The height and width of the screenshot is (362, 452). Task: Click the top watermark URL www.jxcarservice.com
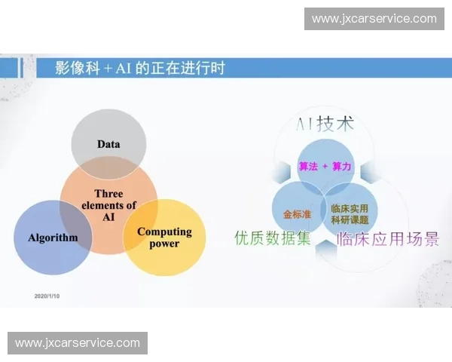coord(374,19)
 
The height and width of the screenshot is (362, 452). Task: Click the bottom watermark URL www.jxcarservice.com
coord(78,343)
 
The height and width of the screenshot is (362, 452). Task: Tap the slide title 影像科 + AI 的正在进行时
coord(140,68)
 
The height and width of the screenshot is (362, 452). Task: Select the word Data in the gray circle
coord(108,144)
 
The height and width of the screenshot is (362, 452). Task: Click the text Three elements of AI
coord(108,205)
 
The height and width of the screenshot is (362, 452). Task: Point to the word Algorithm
coord(53,238)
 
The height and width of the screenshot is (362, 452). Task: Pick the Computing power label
coord(164,238)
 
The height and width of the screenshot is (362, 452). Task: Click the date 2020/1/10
coord(47,296)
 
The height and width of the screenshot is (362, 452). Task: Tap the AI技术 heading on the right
coord(325,124)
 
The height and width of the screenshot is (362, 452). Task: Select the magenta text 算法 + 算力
coord(325,167)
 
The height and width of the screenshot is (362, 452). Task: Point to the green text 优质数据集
coord(272,238)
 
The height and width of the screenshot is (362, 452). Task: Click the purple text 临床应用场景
coord(388,240)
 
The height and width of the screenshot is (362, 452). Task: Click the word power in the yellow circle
coord(164,244)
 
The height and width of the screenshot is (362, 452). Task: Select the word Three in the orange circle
coord(108,194)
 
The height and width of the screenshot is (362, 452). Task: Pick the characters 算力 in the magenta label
coord(341,167)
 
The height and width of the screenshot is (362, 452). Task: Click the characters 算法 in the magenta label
coord(308,167)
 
